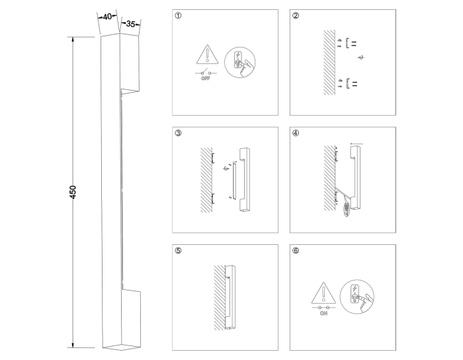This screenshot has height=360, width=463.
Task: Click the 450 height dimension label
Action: [73, 192]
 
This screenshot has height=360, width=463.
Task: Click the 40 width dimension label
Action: [107, 17]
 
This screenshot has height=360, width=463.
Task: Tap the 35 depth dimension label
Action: [130, 24]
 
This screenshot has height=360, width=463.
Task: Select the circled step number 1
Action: [178, 16]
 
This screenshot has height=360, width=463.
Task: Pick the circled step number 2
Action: [296, 16]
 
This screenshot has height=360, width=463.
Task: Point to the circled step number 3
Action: [178, 133]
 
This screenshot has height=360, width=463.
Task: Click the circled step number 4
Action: [296, 133]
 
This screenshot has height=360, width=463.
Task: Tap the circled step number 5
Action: [178, 251]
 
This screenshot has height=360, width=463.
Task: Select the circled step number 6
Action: [296, 251]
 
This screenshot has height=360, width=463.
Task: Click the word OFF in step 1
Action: [206, 79]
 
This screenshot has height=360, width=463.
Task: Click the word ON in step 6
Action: [323, 313]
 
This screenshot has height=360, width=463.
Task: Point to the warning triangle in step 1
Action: [208, 54]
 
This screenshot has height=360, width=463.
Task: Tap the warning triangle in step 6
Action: [323, 292]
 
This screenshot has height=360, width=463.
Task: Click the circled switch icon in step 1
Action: [239, 62]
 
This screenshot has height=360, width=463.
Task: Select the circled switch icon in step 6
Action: [357, 296]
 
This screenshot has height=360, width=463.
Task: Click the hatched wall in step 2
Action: [329, 62]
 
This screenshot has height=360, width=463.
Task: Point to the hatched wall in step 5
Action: [220, 297]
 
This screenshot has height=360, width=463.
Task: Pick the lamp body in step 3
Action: [244, 179]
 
